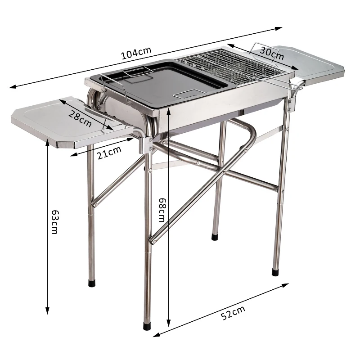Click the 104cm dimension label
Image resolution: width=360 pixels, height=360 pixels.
[x=136, y=54]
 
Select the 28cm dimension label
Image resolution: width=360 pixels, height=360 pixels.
[x=81, y=118]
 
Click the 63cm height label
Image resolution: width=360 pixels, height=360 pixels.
[x=54, y=221]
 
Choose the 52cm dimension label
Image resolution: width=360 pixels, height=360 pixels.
[x=234, y=312]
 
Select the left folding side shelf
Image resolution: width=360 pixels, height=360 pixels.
[x=67, y=121]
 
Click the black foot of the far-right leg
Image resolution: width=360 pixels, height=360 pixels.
[x=275, y=272]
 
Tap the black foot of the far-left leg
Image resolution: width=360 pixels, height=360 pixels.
[x=93, y=283]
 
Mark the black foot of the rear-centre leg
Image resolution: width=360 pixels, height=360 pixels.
[x=215, y=235]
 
